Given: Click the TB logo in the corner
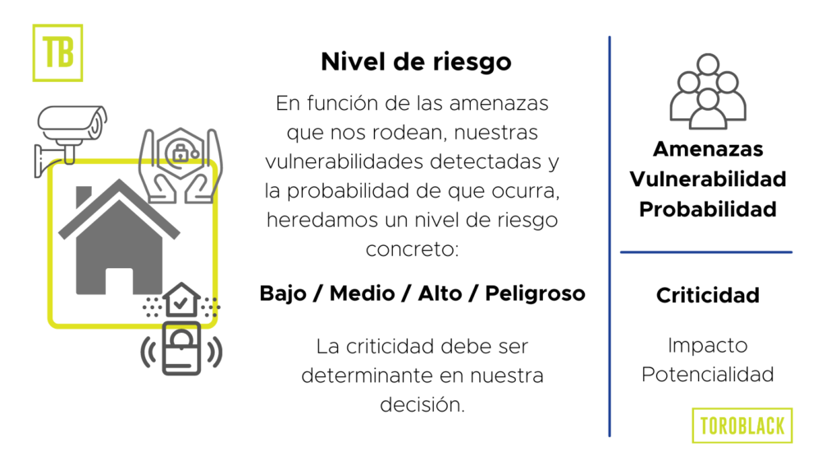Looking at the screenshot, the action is (x=58, y=52).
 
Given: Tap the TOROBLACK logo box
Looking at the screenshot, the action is (x=742, y=425).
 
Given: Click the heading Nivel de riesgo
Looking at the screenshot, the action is (x=416, y=62).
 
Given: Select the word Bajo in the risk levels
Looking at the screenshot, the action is (x=283, y=293).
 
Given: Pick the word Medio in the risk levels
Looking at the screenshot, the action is (x=362, y=293).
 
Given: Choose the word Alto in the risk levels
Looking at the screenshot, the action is (x=440, y=293).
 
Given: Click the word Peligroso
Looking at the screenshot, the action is (x=535, y=293).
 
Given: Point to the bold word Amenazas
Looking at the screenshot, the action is (x=708, y=149).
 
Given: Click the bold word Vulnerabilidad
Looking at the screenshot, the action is (x=708, y=180).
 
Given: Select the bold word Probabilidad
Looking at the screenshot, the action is (x=708, y=209).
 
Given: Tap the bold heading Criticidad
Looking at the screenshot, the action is (x=708, y=295).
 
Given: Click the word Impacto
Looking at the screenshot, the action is (x=708, y=346).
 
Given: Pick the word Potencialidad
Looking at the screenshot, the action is (x=708, y=375).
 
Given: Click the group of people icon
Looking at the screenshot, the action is (x=708, y=92).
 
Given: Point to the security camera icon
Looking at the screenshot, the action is (x=70, y=140).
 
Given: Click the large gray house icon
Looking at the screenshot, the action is (x=119, y=238).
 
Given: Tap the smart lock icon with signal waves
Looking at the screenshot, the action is (x=181, y=350).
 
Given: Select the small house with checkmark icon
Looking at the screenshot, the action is (x=181, y=301).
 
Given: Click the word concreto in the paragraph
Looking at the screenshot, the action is (x=412, y=249).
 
